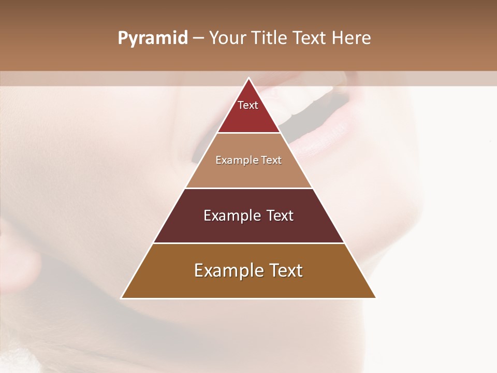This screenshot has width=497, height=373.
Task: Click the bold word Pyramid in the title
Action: (153, 38)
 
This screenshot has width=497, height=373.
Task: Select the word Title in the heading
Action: (270, 38)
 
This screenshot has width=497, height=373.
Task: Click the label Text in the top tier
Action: (248, 105)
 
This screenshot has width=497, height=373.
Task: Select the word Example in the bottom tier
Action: (229, 270)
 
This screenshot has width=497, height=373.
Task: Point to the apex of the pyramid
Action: (248, 78)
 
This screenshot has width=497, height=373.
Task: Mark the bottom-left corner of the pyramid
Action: (122, 298)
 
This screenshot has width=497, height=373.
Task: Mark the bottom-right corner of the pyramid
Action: (375, 298)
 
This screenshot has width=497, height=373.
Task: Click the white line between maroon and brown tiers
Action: (248, 243)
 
